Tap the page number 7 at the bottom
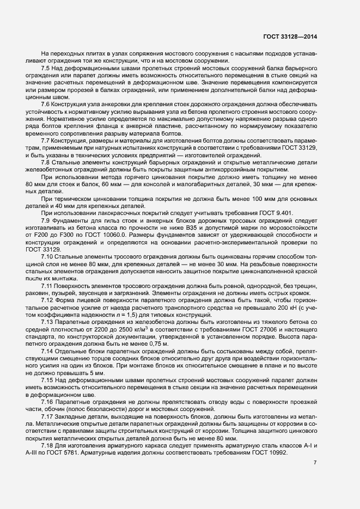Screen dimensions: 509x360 point(315,463)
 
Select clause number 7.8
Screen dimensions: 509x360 point(46,163)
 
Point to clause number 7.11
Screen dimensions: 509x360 point(47,285)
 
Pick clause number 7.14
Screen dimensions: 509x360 point(47,350)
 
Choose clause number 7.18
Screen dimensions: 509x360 point(47,446)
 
